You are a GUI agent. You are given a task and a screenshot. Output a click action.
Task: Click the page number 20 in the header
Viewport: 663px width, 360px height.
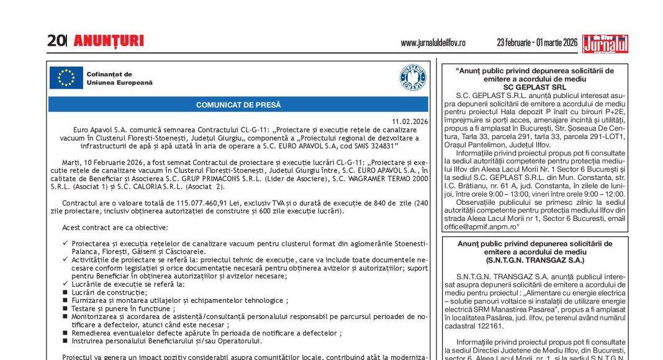(56, 41)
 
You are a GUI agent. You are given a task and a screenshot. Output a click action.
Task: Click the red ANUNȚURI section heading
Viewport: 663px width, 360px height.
(109, 42)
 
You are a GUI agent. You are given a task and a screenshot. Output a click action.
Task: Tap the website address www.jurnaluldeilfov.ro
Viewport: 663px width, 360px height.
(433, 43)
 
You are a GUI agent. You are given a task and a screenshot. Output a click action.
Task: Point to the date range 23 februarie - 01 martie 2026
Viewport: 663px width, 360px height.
(536, 43)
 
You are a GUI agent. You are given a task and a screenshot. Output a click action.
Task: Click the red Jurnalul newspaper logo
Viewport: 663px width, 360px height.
(605, 43)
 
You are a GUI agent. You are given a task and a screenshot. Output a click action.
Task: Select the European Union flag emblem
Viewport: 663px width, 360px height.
(66, 78)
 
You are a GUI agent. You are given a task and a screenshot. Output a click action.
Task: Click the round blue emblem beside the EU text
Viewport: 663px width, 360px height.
(413, 78)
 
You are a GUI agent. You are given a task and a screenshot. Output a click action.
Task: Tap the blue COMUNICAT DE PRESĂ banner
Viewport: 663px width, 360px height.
(238, 105)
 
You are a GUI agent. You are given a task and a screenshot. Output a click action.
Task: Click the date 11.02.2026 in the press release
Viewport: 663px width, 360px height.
(410, 121)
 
